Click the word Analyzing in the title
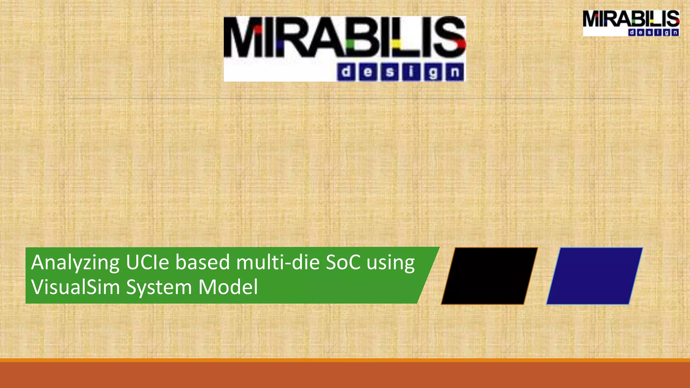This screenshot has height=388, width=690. click(x=75, y=263)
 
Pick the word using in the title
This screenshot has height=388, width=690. click(x=391, y=263)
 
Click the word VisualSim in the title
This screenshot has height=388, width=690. click(x=75, y=287)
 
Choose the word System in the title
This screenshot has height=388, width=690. click(x=159, y=288)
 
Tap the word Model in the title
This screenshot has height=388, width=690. click(x=228, y=287)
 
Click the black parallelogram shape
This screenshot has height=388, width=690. click(x=489, y=276)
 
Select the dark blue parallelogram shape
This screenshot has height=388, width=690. click(x=594, y=276)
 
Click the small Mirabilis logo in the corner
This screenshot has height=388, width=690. click(x=631, y=23)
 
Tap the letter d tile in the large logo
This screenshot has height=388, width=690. click(x=346, y=72)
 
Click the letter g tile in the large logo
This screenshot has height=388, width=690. click(x=433, y=72)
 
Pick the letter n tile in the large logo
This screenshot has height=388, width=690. click(x=455, y=72)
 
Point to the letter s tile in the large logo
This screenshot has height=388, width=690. click(x=390, y=72)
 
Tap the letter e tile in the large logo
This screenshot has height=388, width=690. click(x=368, y=72)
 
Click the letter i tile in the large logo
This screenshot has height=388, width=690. click(x=411, y=72)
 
